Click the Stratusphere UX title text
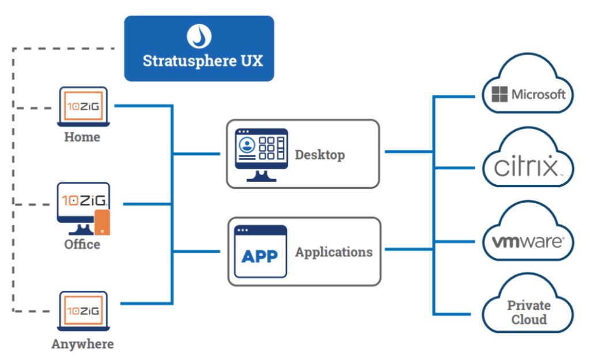click(x=202, y=60)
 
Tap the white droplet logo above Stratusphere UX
click(x=199, y=36)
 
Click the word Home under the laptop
click(x=82, y=137)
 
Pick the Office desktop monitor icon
click(x=80, y=206)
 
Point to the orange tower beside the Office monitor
click(x=102, y=222)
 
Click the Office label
click(x=82, y=244)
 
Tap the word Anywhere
click(x=82, y=344)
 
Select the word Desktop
click(x=320, y=154)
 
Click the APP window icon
click(x=260, y=252)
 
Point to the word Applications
click(x=334, y=252)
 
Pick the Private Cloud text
click(x=528, y=312)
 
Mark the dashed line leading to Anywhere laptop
click(x=35, y=311)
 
